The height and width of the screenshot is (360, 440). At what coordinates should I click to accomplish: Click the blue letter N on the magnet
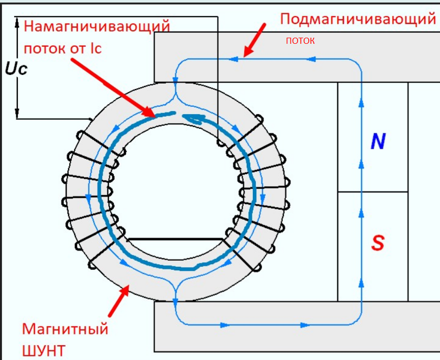tap(377, 142)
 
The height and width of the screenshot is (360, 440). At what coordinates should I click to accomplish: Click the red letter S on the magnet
tap(377, 243)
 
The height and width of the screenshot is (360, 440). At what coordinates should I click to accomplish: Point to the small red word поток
tap(300, 40)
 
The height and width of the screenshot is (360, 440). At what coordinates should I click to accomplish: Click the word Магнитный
tap(65, 328)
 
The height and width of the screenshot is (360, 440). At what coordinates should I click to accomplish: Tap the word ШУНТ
tap(44, 351)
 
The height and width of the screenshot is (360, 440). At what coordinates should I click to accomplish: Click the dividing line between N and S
tap(373, 192)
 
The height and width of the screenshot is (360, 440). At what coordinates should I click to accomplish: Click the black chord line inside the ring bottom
tap(175, 239)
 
